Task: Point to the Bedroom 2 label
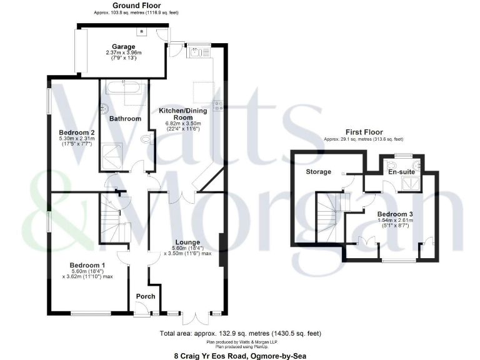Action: pos(76,132)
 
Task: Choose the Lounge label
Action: pos(187,242)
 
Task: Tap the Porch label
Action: pos(145,296)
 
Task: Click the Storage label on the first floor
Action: pos(318,171)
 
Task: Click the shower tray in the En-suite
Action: pos(411,183)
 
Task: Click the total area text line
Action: pos(241,333)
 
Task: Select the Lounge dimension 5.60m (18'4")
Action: pos(187,248)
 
